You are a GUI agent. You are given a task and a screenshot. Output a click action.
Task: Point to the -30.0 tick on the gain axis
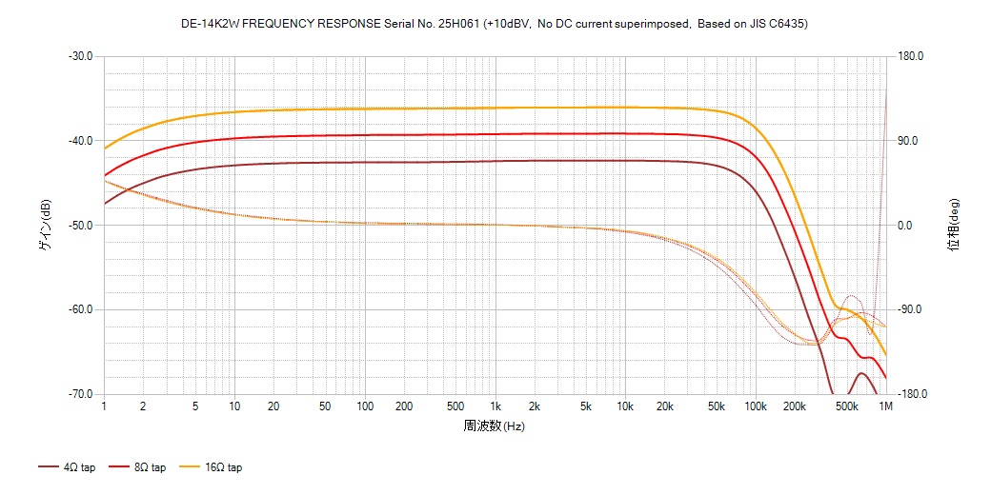point(80,56)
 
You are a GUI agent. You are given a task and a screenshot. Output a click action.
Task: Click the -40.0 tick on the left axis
point(80,141)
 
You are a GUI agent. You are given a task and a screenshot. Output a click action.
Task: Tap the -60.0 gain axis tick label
point(80,309)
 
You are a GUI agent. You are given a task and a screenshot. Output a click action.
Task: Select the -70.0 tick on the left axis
point(80,394)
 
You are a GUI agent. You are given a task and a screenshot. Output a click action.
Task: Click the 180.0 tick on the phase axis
point(912,56)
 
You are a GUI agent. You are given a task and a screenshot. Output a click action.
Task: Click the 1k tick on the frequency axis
point(495,406)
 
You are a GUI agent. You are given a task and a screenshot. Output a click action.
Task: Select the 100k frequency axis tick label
point(756,406)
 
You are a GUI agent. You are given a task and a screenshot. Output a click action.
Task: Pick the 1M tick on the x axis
point(885,406)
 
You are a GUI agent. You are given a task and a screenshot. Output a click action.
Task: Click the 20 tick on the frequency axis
point(273,406)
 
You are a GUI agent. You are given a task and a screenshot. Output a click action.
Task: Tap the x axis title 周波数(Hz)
point(495,426)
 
